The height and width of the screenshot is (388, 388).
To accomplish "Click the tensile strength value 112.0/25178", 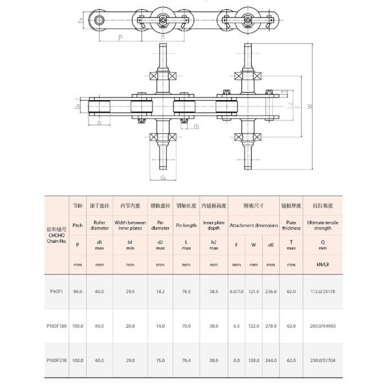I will [323, 290].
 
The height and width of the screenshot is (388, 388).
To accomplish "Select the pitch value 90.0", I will [78, 290].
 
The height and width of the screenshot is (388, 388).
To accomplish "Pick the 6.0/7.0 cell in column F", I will [237, 290].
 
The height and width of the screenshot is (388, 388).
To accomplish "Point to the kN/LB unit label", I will [323, 264].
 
